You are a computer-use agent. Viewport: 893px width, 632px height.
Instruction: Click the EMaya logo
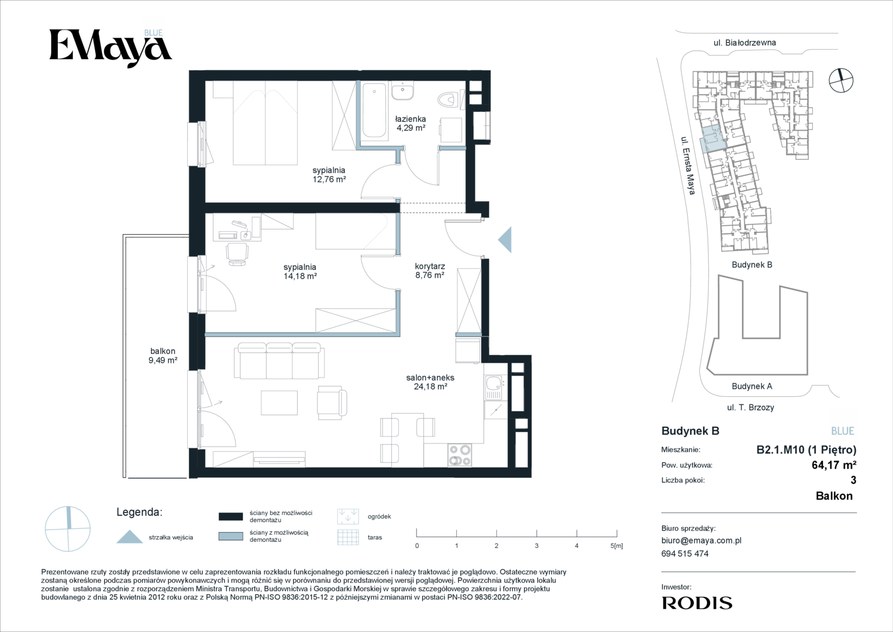pyautogui.click(x=111, y=48)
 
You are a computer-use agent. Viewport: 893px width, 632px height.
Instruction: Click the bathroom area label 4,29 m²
pyautogui.click(x=411, y=128)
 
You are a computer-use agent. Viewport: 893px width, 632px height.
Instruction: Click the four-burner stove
pyautogui.click(x=460, y=455)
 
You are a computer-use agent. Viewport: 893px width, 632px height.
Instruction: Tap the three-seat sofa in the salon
pyautogui.click(x=279, y=360)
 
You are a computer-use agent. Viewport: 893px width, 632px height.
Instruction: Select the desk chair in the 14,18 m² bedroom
pyautogui.click(x=237, y=254)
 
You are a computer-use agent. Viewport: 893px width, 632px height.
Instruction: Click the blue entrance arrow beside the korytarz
pyautogui.click(x=505, y=239)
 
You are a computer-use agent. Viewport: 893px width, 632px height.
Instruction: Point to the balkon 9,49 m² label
pyautogui.click(x=163, y=356)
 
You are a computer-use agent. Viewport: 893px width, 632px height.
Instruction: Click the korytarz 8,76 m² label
pyautogui.click(x=430, y=270)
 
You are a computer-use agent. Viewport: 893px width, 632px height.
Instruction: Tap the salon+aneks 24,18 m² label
pyautogui.click(x=430, y=382)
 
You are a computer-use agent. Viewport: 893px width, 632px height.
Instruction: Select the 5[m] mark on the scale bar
pyautogui.click(x=616, y=545)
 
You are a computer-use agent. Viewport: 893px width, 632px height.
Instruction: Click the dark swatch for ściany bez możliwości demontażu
pyautogui.click(x=231, y=516)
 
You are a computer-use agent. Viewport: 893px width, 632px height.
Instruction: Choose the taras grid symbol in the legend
pyautogui.click(x=348, y=537)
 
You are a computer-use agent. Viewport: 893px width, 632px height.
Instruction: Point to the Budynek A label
pyautogui.click(x=752, y=386)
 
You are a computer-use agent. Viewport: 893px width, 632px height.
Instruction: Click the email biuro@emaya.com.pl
pyautogui.click(x=701, y=541)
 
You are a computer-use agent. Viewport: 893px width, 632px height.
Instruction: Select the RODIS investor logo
pyautogui.click(x=697, y=603)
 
